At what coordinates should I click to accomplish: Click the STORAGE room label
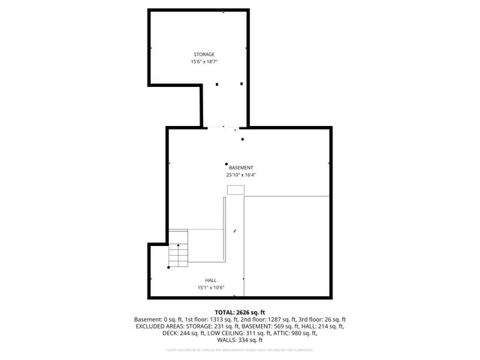pyautogui.click(x=204, y=55)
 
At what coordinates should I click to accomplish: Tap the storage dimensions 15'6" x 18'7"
pyautogui.click(x=204, y=62)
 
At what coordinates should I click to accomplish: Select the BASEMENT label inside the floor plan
pyautogui.click(x=241, y=167)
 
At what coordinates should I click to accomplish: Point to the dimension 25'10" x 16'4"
pyautogui.click(x=241, y=175)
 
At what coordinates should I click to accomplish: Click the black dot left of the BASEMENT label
pyautogui.click(x=226, y=163)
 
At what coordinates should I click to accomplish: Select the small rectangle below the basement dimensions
pyautogui.click(x=235, y=190)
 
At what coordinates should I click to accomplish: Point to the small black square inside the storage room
pyautogui.click(x=217, y=84)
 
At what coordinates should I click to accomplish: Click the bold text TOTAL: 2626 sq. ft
pyautogui.click(x=240, y=312)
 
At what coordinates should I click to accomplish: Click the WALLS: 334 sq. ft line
pyautogui.click(x=240, y=340)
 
